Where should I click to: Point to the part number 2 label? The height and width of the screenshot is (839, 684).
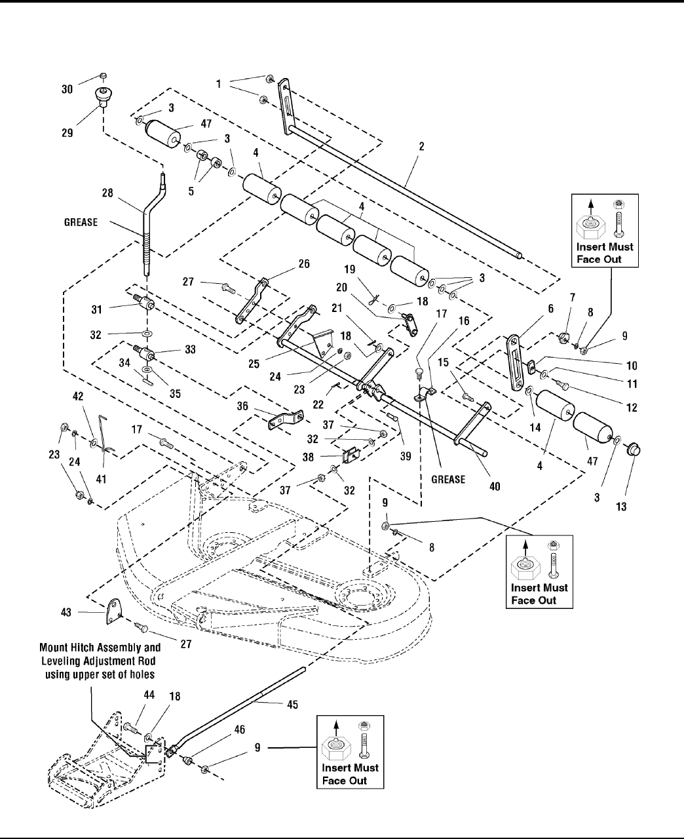(x=421, y=147)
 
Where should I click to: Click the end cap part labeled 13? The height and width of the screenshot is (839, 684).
(x=634, y=452)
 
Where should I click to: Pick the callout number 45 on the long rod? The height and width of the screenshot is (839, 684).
(x=292, y=705)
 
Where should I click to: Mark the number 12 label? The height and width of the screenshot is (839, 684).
(x=632, y=407)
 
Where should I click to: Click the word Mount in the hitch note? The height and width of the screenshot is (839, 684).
(x=54, y=646)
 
